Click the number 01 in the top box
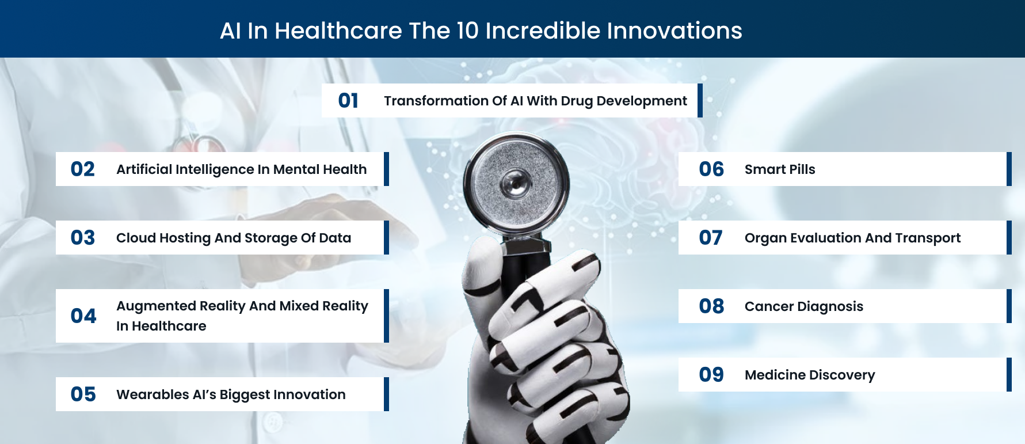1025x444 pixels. click(x=348, y=101)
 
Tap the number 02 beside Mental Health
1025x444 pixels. click(x=82, y=169)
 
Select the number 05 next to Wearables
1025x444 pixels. click(x=83, y=394)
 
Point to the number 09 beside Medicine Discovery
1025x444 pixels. click(x=711, y=375)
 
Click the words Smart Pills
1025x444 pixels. click(x=780, y=169)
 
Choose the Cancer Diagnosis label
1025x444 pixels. click(x=804, y=307)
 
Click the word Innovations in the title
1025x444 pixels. click(x=671, y=31)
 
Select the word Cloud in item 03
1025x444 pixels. click(x=135, y=238)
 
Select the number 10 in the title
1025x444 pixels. click(x=467, y=31)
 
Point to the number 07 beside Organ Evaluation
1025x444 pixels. click(x=711, y=238)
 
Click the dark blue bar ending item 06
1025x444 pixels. click(x=1009, y=169)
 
